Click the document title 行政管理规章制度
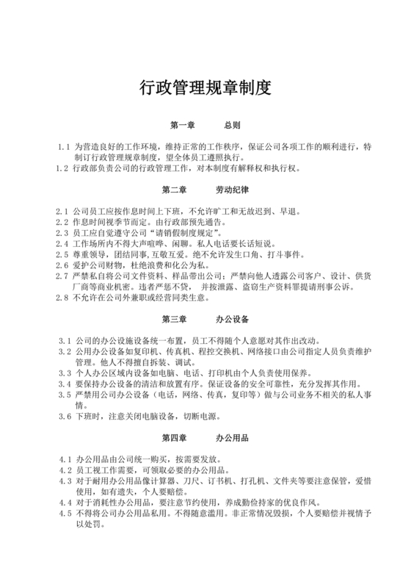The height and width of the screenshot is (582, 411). pyautogui.click(x=205, y=88)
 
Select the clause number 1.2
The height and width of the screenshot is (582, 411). pyautogui.click(x=61, y=168)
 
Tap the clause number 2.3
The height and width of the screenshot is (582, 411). pyautogui.click(x=61, y=233)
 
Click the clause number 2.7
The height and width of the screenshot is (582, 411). pyautogui.click(x=61, y=276)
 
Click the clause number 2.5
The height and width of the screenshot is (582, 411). pyautogui.click(x=61, y=255)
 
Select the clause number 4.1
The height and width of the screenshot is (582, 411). pyautogui.click(x=64, y=460)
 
